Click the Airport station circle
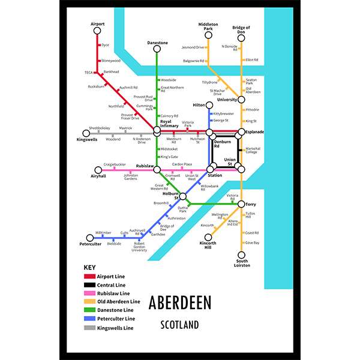pyautogui.click(x=97, y=32)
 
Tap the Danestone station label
pyautogui.click(x=157, y=43)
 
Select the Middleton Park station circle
pyautogui.click(x=208, y=37)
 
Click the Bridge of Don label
pyautogui.click(x=241, y=29)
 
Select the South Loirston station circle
pyautogui.click(x=241, y=254)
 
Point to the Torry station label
pyautogui.click(x=252, y=204)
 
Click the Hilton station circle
pyautogui.click(x=211, y=104)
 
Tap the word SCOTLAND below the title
pyautogui.click(x=180, y=325)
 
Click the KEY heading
pyautogui.click(x=89, y=267)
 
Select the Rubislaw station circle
pyautogui.click(x=157, y=169)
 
